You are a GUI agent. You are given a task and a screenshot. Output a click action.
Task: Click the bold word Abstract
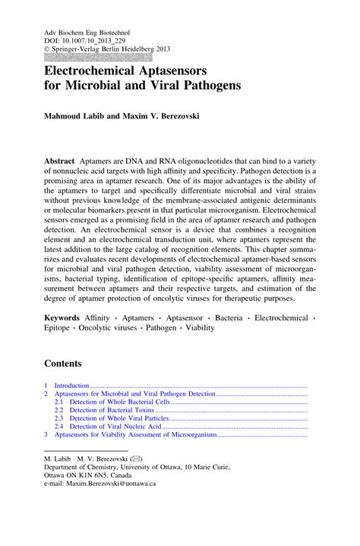60,163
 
